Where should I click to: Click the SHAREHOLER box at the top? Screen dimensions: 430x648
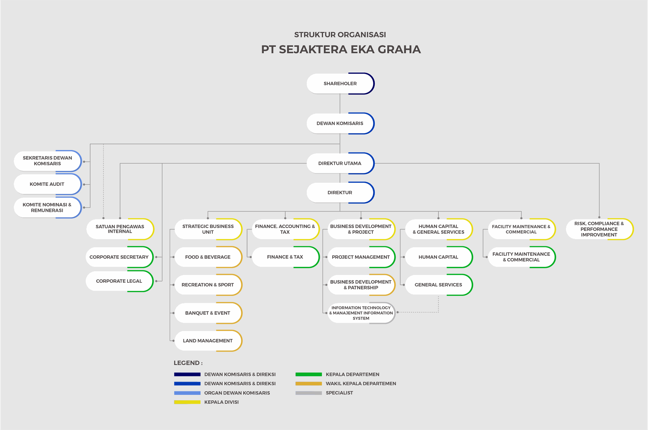[340, 83]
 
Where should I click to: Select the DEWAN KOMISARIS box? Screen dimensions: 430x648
[340, 123]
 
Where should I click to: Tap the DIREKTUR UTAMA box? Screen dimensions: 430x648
[340, 163]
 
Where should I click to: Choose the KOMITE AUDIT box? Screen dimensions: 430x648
[47, 184]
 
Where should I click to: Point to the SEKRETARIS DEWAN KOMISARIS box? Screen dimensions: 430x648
[47, 161]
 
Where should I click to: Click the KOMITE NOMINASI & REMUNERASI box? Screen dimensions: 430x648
[47, 207]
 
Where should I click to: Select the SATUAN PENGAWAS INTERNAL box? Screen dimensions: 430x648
[120, 229]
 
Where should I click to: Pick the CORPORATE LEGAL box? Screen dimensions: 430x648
[119, 281]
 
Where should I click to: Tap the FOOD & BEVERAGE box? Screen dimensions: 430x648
[208, 257]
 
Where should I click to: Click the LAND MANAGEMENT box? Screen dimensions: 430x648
[208, 340]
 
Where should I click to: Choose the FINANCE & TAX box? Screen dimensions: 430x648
[285, 257]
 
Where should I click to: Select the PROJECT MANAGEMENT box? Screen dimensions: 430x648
[361, 257]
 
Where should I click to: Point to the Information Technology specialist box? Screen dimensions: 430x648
[361, 313]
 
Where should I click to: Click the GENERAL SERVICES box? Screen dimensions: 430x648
[438, 285]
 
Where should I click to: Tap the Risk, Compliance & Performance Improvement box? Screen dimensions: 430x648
[599, 229]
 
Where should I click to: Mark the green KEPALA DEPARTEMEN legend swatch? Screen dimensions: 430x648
[308, 374]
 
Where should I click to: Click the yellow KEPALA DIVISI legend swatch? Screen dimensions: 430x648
[187, 402]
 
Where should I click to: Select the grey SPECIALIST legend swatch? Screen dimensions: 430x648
[308, 393]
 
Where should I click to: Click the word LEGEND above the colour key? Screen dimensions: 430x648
[187, 363]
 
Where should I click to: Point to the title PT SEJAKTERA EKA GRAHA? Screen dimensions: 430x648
[341, 49]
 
